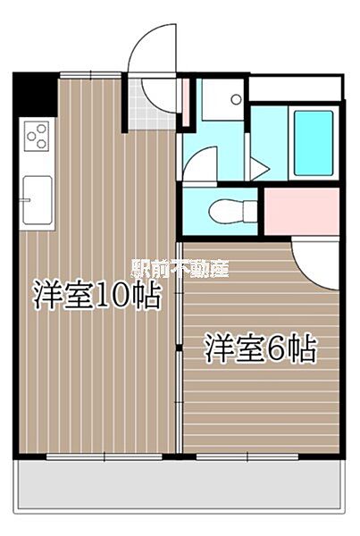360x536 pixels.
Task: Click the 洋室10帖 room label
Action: coord(97,297)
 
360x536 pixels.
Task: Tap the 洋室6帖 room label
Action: coord(261,349)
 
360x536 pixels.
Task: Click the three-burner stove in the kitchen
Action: coord(37,136)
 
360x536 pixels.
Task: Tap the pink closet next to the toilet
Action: coord(301,211)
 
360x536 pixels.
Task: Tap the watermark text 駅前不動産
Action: coord(180,269)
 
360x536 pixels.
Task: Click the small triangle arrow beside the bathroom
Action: coord(256,169)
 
